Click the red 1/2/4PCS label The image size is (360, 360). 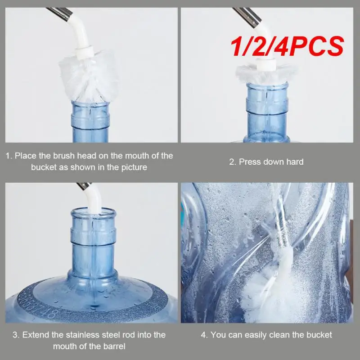point(288,46)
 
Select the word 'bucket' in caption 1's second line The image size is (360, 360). point(43,167)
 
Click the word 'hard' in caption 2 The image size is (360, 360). point(295,162)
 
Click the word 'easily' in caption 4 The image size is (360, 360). point(258,335)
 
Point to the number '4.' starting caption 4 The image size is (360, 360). point(203,335)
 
